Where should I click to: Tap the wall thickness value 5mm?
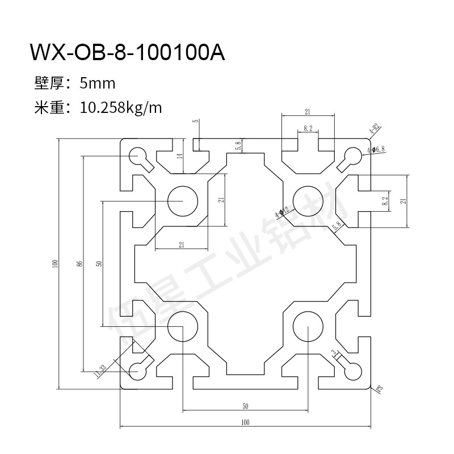(98, 84)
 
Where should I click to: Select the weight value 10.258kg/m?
(121, 107)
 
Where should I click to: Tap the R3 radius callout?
(379, 389)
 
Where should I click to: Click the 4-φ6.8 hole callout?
(376, 150)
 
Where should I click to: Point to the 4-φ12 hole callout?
(281, 212)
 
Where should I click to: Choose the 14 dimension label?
(180, 161)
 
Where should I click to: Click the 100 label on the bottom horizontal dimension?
(245, 422)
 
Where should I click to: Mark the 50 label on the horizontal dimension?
(245, 406)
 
